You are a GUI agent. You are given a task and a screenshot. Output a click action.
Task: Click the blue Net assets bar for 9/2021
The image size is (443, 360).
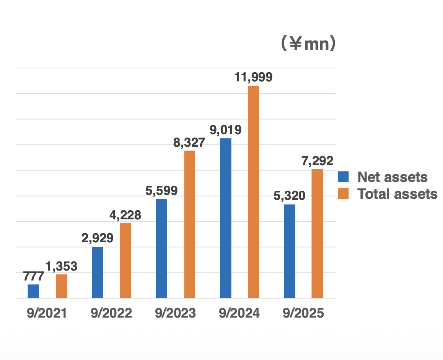33,291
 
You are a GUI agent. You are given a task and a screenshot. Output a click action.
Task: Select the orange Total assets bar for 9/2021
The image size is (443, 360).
62,286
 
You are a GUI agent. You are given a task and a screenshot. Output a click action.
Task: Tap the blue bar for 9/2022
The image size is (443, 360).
98,272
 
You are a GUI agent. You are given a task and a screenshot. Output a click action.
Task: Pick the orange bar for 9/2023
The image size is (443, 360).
189,224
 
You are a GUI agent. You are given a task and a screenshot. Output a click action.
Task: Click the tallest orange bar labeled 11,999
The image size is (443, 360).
254,192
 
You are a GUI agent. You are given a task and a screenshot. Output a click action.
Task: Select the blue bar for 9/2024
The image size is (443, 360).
226,218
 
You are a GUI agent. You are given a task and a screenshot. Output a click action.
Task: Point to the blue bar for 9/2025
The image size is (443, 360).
290,251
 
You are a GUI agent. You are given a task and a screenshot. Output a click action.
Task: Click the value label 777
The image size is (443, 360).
33,276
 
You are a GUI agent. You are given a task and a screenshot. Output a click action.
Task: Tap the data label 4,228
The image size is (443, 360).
125,215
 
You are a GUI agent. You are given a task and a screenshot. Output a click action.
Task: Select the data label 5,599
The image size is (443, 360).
161,191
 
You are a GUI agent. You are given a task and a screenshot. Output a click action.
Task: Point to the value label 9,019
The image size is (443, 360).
226,130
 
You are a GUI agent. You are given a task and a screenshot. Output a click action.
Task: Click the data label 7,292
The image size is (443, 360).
317,161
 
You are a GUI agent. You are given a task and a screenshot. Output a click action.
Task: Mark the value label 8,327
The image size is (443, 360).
189,143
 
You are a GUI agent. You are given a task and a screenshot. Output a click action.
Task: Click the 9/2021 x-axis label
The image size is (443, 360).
47,313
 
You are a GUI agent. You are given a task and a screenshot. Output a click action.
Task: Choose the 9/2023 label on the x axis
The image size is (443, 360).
176,313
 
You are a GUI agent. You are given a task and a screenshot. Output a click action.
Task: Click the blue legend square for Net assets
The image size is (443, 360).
344,177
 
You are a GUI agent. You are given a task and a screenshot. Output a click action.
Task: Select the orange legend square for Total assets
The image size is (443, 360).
344,193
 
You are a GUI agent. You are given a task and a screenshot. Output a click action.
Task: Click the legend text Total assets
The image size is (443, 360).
397,194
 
